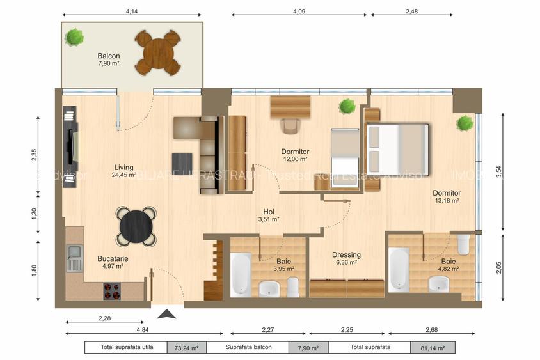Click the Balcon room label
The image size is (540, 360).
[109, 59]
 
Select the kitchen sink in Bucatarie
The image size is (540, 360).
[75, 258]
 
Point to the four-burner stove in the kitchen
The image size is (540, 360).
[113, 290]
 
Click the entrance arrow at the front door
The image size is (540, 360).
[166, 314]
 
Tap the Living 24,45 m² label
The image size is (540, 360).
[123, 171]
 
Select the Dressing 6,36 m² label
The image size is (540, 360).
[346, 258]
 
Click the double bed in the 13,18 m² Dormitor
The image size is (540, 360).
[397, 150]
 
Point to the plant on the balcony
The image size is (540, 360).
[75, 36]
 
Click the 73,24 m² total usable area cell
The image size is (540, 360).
[186, 348]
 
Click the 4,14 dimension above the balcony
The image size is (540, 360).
[132, 12]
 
